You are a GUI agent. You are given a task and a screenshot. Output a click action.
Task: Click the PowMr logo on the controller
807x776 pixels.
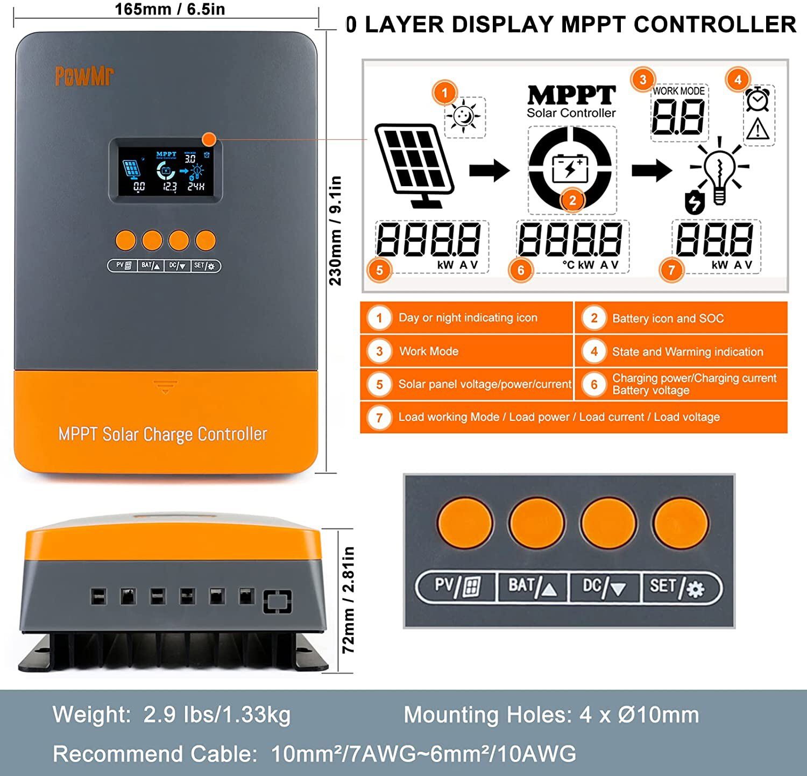[84, 76]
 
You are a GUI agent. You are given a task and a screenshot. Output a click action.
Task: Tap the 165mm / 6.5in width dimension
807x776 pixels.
[169, 9]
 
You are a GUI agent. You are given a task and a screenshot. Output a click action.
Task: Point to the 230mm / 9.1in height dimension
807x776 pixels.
[335, 231]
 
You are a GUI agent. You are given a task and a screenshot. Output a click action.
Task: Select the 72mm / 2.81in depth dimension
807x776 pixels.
[349, 599]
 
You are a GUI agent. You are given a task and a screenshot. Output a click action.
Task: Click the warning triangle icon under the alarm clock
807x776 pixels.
[758, 130]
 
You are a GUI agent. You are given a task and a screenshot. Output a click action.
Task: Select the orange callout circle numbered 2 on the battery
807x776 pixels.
[572, 201]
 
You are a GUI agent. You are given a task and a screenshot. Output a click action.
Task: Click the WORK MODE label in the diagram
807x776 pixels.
[678, 91]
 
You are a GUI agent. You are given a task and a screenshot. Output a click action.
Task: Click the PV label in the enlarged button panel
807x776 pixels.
[457, 586]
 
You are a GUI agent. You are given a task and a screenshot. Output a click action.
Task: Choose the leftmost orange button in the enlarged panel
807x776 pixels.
[464, 523]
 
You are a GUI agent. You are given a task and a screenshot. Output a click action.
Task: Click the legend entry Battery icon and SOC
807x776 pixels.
[667, 319]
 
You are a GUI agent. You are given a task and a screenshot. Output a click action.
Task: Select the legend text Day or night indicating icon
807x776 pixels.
[467, 318]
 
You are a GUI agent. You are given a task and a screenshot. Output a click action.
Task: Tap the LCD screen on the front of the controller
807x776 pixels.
[166, 171]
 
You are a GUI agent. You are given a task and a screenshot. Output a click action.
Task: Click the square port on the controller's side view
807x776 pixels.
[277, 601]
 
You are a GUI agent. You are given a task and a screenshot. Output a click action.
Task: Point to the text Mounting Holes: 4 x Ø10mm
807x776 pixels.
[551, 715]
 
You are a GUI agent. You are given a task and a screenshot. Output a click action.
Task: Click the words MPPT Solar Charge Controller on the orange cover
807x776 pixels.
[162, 434]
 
